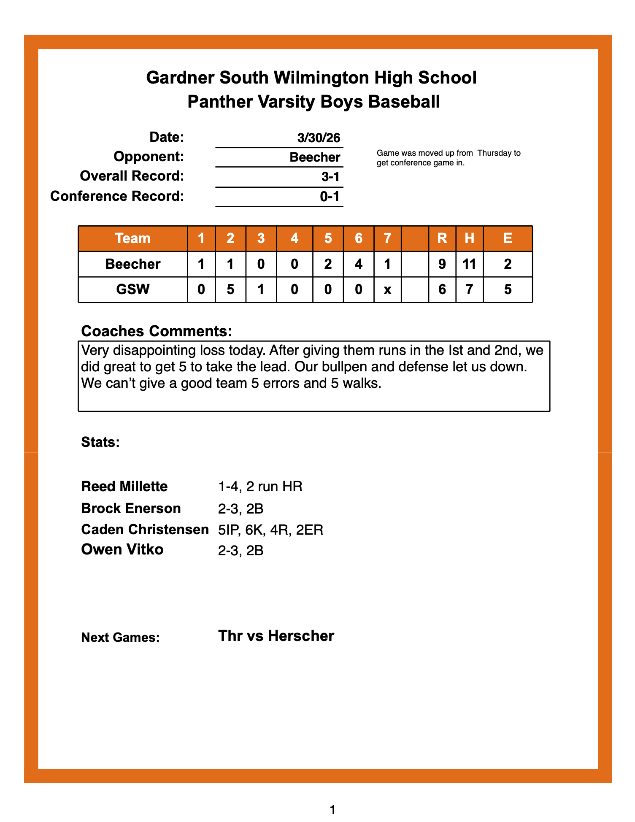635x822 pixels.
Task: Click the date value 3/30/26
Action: coord(319,138)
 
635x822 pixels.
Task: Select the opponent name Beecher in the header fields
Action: coord(315,157)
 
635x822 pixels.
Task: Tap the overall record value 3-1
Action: coord(330,177)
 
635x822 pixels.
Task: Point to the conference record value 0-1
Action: coord(330,197)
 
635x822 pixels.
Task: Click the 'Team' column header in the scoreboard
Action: coord(133,238)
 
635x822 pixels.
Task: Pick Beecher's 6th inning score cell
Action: coord(359,264)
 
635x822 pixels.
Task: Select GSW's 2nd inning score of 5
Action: coord(230,289)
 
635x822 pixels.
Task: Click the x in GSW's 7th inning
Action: coord(387,290)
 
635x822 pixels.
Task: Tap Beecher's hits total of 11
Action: coord(469,264)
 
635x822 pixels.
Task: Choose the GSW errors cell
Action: coord(508,289)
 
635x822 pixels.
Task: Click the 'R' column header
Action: coord(442,238)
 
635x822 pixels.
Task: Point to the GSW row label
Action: coord(133,289)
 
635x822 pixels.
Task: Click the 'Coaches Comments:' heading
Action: coord(157,331)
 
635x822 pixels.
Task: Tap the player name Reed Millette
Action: coord(124,487)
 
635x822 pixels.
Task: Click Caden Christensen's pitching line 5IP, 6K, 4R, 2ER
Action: coord(270,530)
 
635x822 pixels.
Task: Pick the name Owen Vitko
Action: coord(122,549)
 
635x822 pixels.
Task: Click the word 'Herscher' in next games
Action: coord(301,636)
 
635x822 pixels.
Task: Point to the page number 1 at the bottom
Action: coord(332,810)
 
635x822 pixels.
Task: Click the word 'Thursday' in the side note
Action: coord(494,153)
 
